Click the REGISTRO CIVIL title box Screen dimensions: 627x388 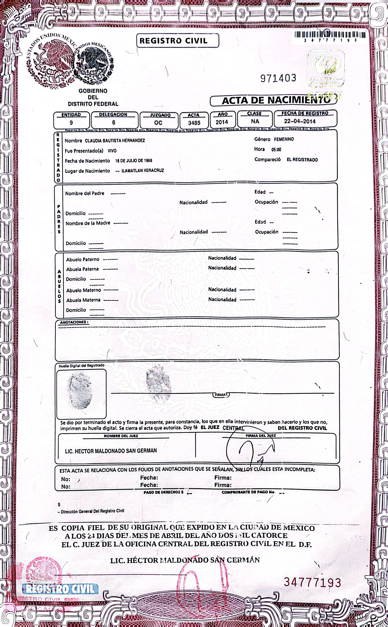178,41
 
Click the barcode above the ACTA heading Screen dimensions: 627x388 330,35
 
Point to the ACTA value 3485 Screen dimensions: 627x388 194,123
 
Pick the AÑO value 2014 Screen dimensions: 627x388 222,122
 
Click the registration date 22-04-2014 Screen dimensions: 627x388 299,121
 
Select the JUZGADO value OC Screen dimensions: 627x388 158,123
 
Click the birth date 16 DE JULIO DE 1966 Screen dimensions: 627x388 133,161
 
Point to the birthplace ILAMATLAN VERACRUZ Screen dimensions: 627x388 142,170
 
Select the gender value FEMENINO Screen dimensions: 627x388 284,139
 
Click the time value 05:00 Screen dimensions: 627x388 276,150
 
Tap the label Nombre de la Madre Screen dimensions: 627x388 88,223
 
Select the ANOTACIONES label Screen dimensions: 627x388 74,322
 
